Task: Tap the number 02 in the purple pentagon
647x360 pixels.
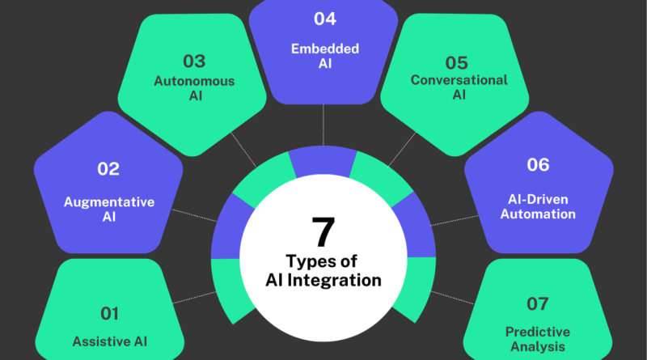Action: click(x=108, y=169)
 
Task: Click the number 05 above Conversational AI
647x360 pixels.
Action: click(x=458, y=61)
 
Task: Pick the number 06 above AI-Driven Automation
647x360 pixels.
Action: click(x=537, y=165)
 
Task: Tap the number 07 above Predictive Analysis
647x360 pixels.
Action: click(x=537, y=304)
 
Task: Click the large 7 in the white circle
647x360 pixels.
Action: click(x=323, y=233)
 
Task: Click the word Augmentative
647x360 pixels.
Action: click(x=108, y=202)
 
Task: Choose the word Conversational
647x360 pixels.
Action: click(x=459, y=80)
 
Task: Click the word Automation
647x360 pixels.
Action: click(x=538, y=214)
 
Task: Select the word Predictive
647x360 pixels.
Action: click(x=538, y=332)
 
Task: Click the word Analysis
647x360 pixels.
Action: click(x=538, y=348)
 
